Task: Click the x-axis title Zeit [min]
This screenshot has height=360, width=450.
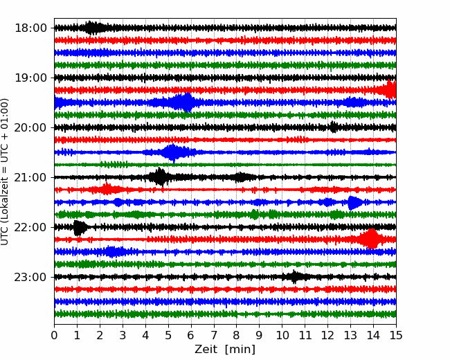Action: coord(225,350)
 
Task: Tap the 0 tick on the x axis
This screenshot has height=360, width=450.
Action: coord(55,336)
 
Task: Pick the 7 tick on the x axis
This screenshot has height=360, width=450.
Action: coord(214,336)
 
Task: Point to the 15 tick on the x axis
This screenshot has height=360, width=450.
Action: coord(395,336)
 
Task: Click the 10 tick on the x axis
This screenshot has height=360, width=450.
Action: coord(282,336)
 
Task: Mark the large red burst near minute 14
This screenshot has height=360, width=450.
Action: coord(371,239)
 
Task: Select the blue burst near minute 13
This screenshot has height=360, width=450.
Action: coord(354,202)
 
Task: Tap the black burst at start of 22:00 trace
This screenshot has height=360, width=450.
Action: coord(80,227)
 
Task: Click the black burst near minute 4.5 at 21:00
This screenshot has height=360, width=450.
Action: coord(160,177)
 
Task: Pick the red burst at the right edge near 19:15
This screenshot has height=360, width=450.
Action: coord(390,90)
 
